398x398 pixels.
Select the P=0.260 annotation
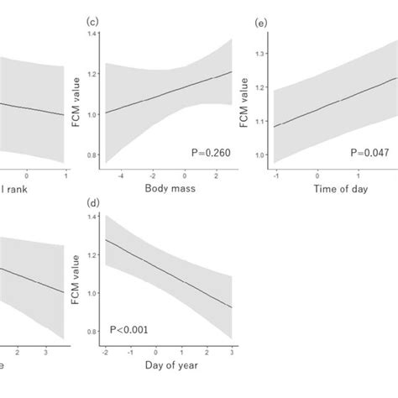point(208,153)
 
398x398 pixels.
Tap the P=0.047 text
point(370,153)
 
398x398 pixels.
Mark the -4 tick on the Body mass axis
point(121,175)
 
